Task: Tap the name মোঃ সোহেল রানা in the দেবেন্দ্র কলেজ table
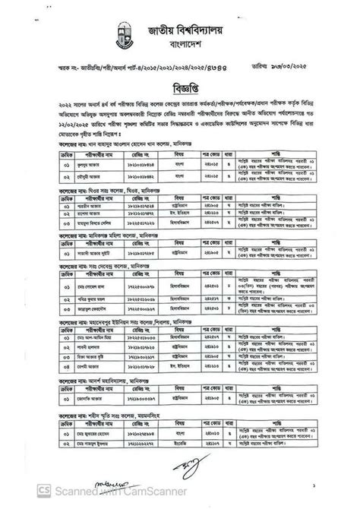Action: point(94,289)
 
